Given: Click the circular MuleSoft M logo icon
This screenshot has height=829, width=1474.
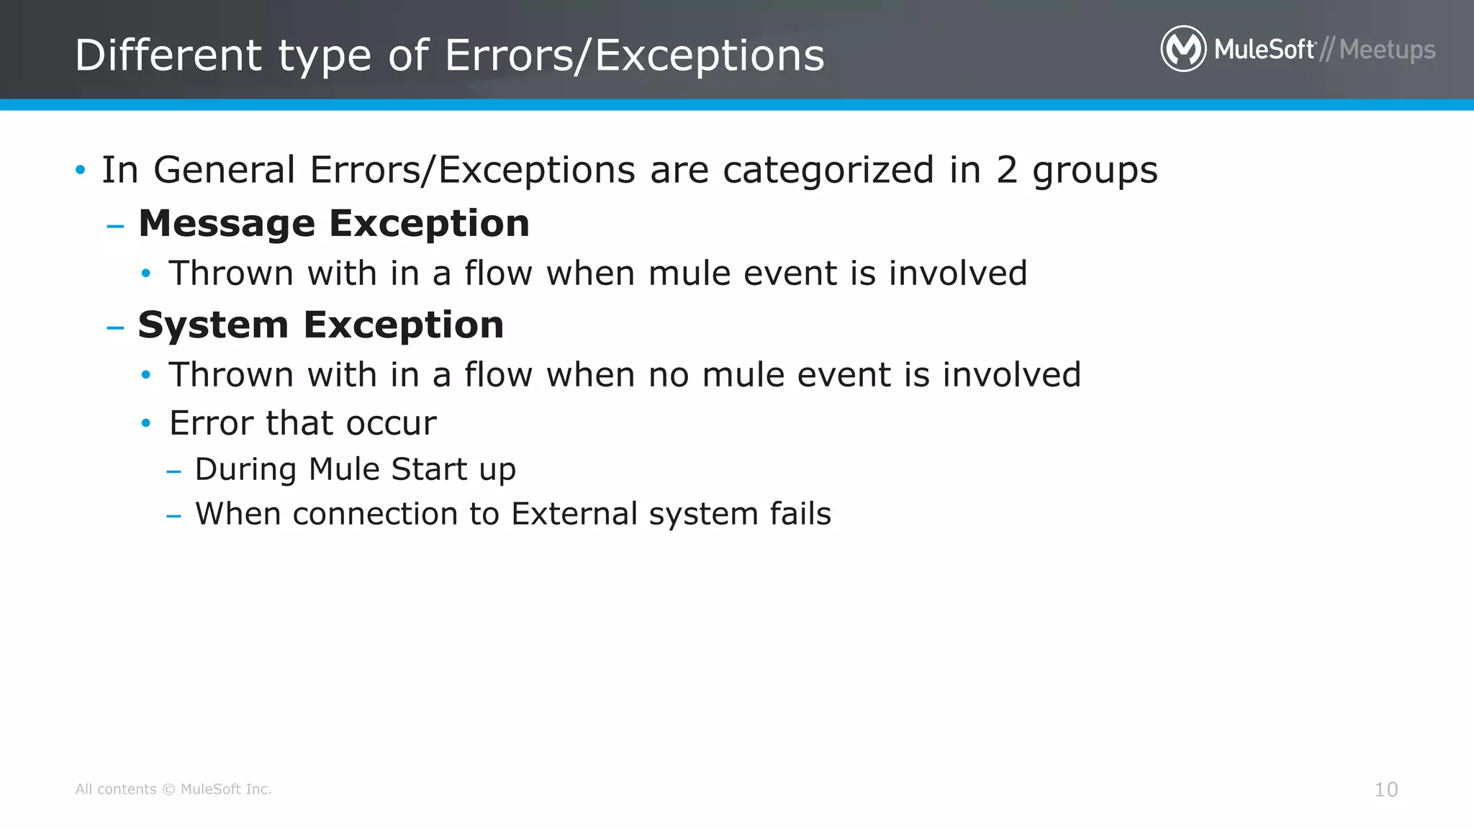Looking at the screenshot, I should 1183,49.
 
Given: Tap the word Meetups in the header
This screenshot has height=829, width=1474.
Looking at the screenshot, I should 1387,50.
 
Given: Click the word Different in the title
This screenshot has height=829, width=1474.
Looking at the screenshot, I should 168,55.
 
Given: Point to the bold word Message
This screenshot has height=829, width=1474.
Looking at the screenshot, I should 227,223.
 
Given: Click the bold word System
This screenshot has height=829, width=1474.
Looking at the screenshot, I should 213,325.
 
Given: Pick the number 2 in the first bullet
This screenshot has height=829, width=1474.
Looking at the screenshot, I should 1006,171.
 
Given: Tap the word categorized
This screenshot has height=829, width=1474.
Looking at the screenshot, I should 828,171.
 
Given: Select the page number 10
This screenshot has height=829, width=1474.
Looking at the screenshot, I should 1385,789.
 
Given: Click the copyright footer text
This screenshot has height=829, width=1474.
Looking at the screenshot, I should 173,789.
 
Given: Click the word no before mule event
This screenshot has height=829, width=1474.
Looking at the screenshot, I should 669,376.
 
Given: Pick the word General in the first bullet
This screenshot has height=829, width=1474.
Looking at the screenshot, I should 224,171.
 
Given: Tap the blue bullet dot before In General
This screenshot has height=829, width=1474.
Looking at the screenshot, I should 80,171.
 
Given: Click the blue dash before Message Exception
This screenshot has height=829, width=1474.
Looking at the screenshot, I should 115,227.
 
